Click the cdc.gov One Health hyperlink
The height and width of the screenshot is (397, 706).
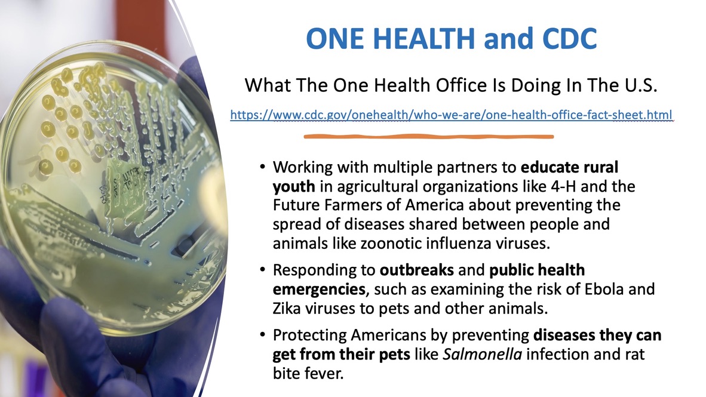(x=451, y=115)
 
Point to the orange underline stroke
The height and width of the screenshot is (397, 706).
(x=429, y=136)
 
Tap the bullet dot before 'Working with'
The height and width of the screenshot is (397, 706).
(x=262, y=167)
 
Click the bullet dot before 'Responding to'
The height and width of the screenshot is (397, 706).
(x=262, y=270)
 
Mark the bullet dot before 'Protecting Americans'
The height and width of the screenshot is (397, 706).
(x=262, y=335)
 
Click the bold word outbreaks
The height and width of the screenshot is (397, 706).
(x=416, y=270)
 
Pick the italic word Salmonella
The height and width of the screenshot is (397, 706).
(x=482, y=354)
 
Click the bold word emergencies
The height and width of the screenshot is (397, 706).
(x=319, y=290)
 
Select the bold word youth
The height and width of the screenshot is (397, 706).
(x=294, y=187)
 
